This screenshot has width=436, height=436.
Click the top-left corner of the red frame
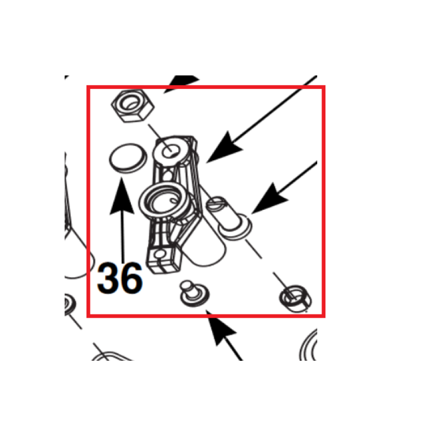88,87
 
